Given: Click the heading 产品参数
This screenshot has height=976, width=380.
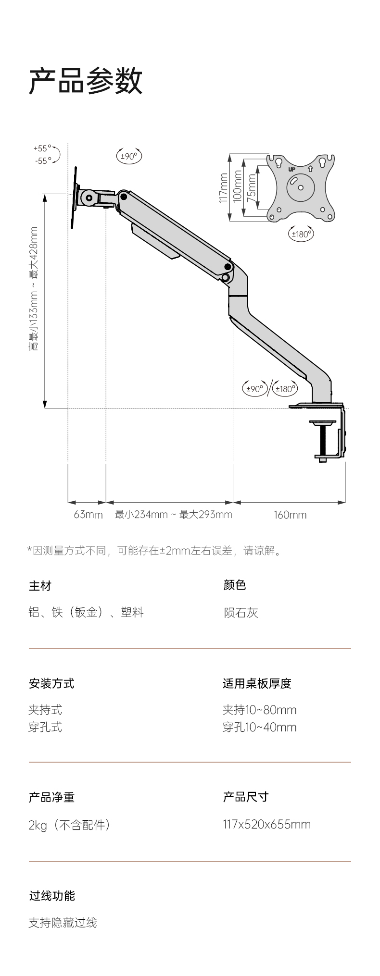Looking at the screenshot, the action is click(86, 81).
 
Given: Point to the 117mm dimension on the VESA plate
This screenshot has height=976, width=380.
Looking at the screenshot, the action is click(223, 188).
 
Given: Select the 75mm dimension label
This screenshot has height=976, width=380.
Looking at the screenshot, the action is click(252, 188).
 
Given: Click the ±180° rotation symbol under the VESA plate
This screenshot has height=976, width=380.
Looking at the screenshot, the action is click(302, 234).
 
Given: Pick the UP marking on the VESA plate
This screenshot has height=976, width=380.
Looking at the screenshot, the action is click(291, 169).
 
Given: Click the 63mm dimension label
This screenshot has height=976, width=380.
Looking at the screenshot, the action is click(88, 515).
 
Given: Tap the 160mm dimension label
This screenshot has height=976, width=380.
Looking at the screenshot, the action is click(290, 515).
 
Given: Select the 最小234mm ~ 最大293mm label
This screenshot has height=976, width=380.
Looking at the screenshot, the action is click(173, 515).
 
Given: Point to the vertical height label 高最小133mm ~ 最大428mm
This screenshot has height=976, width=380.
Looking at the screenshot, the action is click(33, 288).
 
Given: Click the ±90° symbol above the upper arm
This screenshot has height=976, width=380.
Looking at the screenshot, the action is click(129, 156).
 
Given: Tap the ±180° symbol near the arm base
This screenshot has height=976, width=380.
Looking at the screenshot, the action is click(285, 388).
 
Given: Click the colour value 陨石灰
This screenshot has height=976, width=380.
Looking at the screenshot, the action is click(241, 612).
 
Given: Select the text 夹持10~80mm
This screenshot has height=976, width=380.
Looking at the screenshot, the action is click(259, 710).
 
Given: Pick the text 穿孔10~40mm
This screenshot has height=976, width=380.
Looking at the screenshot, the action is click(259, 727).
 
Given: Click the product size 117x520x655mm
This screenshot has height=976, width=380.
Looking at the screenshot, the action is click(266, 825).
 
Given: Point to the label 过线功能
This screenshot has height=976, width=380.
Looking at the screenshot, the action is click(52, 896).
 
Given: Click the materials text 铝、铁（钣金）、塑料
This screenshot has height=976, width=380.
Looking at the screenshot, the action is click(86, 612).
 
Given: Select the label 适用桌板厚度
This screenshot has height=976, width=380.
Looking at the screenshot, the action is click(257, 683).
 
